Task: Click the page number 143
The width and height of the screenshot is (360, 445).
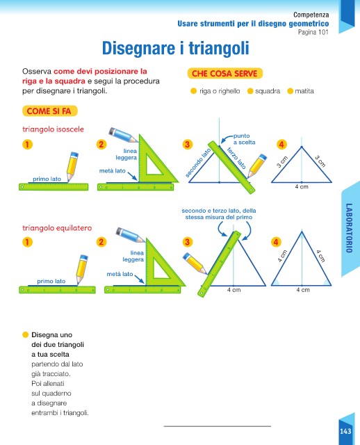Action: click(x=345, y=431)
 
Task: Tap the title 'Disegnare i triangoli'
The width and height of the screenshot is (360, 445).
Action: click(x=176, y=48)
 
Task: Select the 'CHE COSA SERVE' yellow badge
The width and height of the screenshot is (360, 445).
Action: click(x=224, y=74)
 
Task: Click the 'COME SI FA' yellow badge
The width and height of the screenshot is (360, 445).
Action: click(x=49, y=111)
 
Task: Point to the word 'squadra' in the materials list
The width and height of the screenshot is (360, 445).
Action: click(x=268, y=91)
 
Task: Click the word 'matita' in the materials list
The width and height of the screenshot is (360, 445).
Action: click(x=304, y=91)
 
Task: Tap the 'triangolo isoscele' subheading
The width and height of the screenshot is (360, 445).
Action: click(x=53, y=129)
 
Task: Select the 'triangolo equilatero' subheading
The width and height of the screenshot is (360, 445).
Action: click(x=57, y=228)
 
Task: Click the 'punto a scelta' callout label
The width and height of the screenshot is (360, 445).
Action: click(x=244, y=139)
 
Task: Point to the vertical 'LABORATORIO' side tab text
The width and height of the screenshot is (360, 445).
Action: click(x=349, y=228)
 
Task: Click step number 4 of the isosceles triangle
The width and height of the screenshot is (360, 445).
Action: click(x=281, y=145)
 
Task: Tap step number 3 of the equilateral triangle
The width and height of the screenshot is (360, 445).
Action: click(x=187, y=242)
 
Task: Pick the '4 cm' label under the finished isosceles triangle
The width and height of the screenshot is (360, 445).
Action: click(x=302, y=187)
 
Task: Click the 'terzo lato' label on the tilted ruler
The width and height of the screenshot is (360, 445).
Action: click(x=236, y=158)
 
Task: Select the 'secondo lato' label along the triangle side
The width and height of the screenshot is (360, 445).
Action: click(x=198, y=163)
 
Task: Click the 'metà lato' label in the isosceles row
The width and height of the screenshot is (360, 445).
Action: click(x=113, y=171)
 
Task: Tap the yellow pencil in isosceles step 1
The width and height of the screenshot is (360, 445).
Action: click(x=72, y=167)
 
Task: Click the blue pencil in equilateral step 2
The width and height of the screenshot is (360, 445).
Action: click(x=131, y=235)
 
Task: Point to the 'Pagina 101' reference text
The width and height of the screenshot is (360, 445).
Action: click(x=313, y=32)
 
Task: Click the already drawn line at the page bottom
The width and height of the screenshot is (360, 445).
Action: click(x=218, y=426)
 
